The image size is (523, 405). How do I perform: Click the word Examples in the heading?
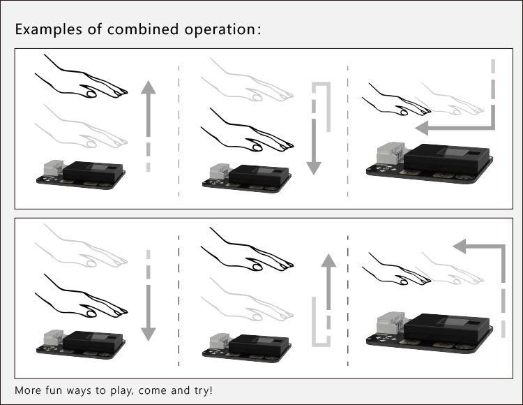pos(47,29)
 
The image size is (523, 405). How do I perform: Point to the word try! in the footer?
pos(203,390)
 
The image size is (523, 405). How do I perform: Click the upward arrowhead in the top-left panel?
pos(149,87)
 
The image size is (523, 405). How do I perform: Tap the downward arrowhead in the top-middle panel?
pos(314,168)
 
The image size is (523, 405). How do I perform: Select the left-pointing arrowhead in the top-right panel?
pos(422,128)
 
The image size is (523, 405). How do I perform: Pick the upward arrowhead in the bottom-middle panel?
pos(328,260)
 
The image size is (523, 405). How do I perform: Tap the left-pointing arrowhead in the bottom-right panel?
pos(460,246)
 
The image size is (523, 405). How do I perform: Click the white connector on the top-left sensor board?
pos(54,168)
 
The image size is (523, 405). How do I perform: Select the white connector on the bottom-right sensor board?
pos(391,325)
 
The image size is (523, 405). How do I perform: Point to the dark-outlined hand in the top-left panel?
pos(81,77)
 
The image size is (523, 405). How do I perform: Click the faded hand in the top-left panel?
pos(81,126)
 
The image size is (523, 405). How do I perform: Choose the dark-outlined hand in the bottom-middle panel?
pos(247,249)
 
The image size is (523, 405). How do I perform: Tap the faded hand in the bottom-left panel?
pos(81,245)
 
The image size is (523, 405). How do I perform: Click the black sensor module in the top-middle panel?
pos(259,175)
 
